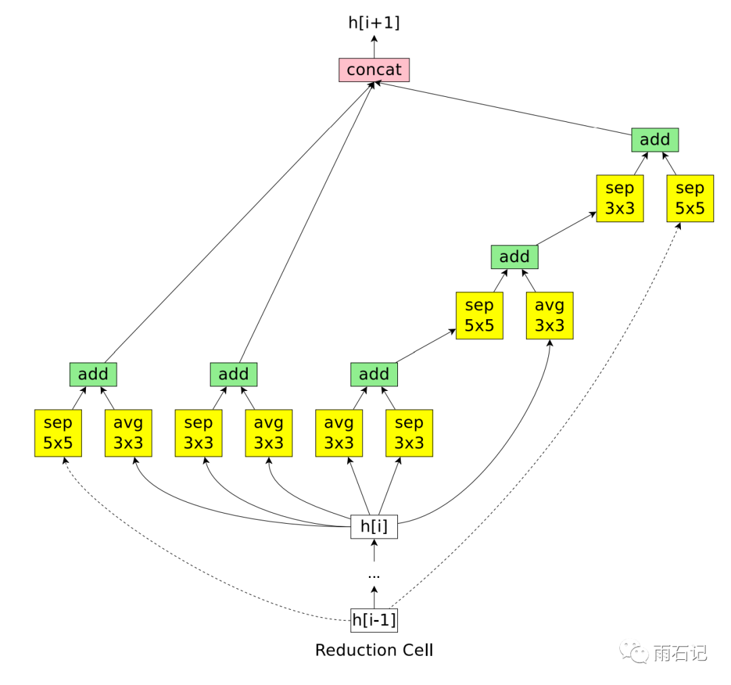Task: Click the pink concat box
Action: coord(374,70)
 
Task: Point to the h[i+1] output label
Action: coord(374,23)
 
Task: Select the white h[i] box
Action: coord(374,526)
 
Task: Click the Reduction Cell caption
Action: coord(374,650)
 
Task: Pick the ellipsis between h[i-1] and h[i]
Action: coord(374,575)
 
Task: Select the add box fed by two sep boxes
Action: coord(655,140)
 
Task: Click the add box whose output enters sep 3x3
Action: coord(514,257)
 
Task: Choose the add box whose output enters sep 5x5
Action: coord(374,374)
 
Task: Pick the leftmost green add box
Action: coord(93,374)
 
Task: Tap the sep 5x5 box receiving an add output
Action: coord(479,316)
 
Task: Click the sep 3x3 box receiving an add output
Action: coord(619,199)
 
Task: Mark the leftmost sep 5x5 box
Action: coord(58,432)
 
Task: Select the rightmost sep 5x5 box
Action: coord(690,199)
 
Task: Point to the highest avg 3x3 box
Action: coord(549,316)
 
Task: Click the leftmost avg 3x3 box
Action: coord(129,432)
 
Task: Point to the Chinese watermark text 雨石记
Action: coord(680,652)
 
